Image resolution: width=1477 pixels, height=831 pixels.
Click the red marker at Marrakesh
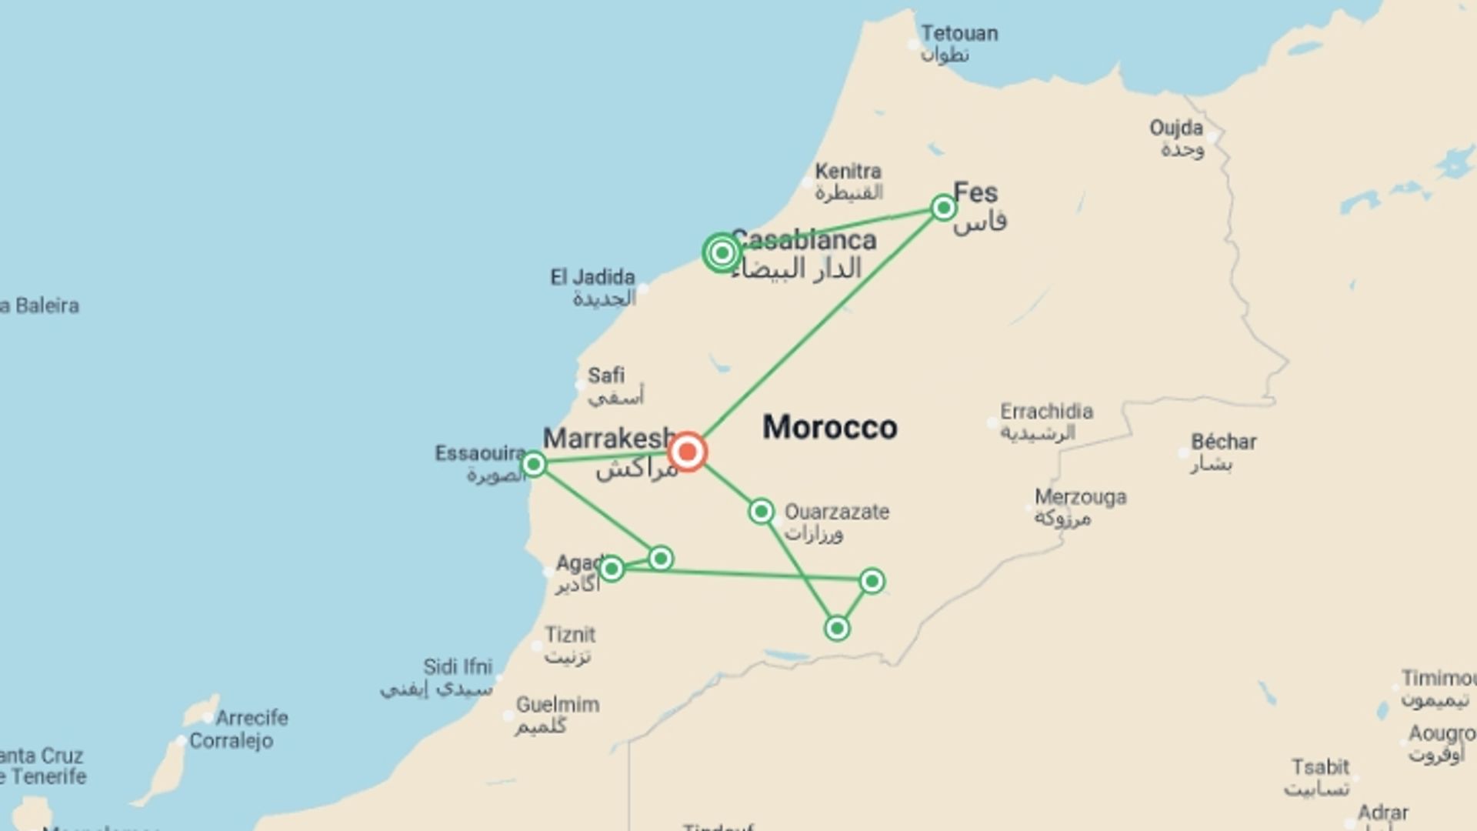click(687, 452)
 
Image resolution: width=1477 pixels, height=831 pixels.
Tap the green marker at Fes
click(943, 208)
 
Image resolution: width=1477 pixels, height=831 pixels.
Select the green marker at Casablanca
click(722, 252)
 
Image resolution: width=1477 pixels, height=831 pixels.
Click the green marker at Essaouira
click(534, 464)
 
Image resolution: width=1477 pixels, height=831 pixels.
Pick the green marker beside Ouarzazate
click(761, 511)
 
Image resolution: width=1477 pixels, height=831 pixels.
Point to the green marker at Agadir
click(612, 569)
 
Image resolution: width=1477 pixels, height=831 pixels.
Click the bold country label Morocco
click(829, 427)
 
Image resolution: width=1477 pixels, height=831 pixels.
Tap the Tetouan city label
click(959, 34)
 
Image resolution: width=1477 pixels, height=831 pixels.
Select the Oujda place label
click(1175, 128)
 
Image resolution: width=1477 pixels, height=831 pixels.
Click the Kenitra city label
click(848, 171)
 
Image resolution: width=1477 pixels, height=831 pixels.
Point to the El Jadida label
click(592, 277)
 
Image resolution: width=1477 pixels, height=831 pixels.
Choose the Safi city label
click(606, 375)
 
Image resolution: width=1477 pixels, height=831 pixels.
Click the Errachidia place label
click(1046, 411)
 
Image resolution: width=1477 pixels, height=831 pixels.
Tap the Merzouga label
click(1080, 497)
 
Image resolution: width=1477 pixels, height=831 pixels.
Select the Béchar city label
click(1223, 442)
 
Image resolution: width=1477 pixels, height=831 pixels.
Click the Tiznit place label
click(570, 635)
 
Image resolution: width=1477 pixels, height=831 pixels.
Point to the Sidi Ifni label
click(457, 666)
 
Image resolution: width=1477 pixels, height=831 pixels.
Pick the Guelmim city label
click(557, 704)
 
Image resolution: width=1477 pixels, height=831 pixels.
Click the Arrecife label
click(252, 718)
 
